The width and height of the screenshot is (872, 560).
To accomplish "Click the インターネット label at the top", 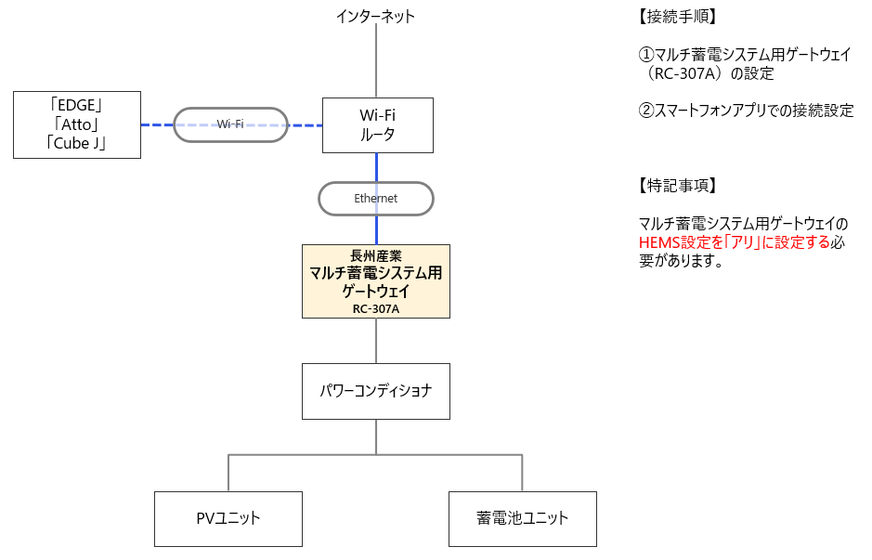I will point(375,16).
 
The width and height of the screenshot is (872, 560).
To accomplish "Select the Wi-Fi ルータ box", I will point(376,124).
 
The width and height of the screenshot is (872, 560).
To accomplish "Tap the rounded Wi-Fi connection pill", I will point(230,124).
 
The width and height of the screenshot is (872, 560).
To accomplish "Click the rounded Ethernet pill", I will point(375,199).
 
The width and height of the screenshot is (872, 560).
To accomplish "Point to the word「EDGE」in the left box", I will point(77,105).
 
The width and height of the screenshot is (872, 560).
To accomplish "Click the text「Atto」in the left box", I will point(77,124).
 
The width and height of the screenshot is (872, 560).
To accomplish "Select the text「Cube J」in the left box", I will point(77,142).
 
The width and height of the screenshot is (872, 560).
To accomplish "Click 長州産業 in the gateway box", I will point(375,255).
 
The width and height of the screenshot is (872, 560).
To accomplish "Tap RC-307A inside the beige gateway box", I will point(375,308).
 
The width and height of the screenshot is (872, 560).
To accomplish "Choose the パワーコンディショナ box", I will point(375,391).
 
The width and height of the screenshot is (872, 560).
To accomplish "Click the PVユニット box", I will point(228,518).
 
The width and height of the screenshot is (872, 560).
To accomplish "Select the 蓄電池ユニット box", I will point(522,518).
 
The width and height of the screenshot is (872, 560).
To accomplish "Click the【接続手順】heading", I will point(677,17).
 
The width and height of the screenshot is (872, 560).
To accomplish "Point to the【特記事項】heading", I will point(677,185).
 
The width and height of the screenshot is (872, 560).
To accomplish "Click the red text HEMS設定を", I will point(678,243).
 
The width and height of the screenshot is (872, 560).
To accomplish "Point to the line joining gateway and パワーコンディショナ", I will point(375,340).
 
